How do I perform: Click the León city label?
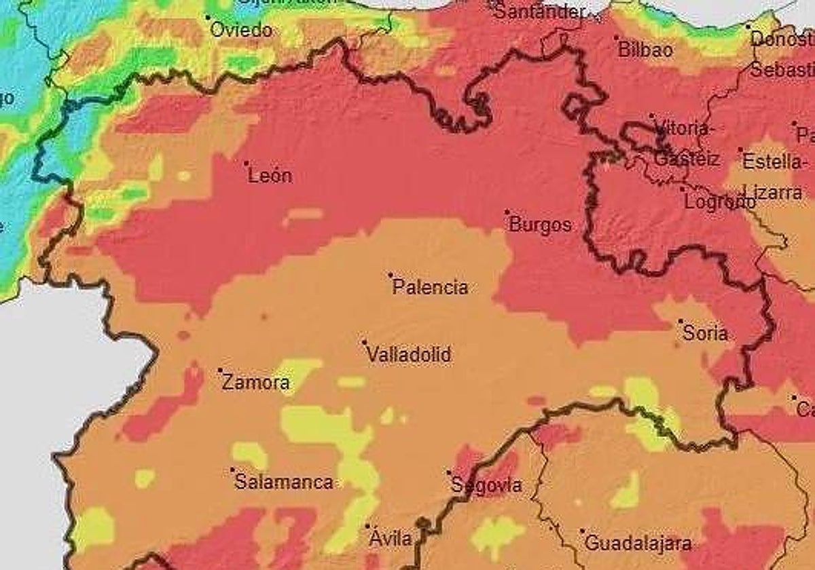(x=270, y=176)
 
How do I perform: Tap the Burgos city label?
(x=540, y=225)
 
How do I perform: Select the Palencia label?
(x=430, y=288)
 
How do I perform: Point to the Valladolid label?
(x=409, y=355)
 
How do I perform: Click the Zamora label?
(x=256, y=383)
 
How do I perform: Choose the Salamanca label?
(x=284, y=482)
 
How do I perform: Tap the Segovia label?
(x=487, y=486)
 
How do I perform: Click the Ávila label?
(x=391, y=539)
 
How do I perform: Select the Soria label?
(x=706, y=334)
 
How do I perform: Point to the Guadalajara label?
(x=638, y=544)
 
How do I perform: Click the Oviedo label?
(x=241, y=31)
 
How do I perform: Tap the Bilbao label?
(x=645, y=50)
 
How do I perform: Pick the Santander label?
(x=539, y=12)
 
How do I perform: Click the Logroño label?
(x=719, y=202)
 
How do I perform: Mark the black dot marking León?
(x=247, y=163)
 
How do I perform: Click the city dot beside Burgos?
(x=507, y=212)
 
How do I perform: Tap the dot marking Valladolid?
(x=365, y=342)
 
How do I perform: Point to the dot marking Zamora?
(x=220, y=370)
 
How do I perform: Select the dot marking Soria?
(x=681, y=321)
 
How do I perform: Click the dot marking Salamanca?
(x=232, y=470)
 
